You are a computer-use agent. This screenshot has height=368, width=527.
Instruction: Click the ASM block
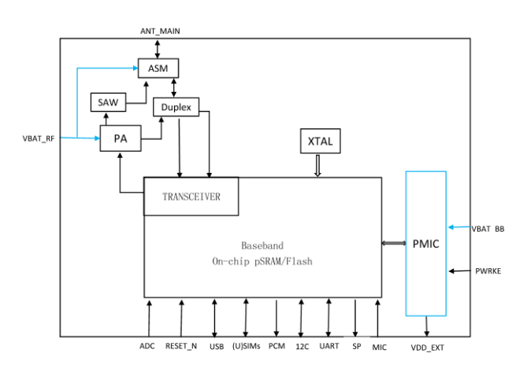[158, 68]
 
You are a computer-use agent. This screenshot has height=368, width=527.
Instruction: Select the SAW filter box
[106, 102]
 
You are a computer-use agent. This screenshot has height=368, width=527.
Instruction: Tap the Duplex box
[176, 105]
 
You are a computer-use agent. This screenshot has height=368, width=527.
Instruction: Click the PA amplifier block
[121, 139]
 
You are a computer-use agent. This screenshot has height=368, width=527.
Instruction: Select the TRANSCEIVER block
[191, 196]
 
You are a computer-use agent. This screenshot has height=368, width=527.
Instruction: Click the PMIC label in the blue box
[425, 245]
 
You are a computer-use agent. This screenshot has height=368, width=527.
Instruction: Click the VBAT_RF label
[39, 138]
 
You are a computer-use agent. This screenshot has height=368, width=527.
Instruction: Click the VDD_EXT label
[428, 347]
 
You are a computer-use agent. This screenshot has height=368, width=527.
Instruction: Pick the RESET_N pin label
[181, 346]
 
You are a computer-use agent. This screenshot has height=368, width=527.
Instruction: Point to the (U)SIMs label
[246, 346]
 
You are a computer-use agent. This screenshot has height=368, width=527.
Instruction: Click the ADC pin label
[147, 346]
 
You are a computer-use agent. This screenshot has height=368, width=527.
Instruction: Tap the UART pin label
[328, 346]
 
